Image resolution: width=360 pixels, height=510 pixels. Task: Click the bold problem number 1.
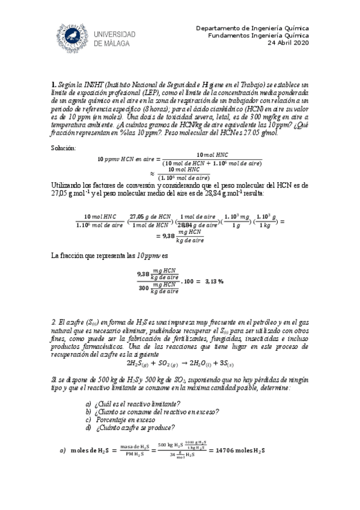[53, 86]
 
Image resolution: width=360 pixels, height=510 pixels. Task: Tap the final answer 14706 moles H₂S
[237, 450]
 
